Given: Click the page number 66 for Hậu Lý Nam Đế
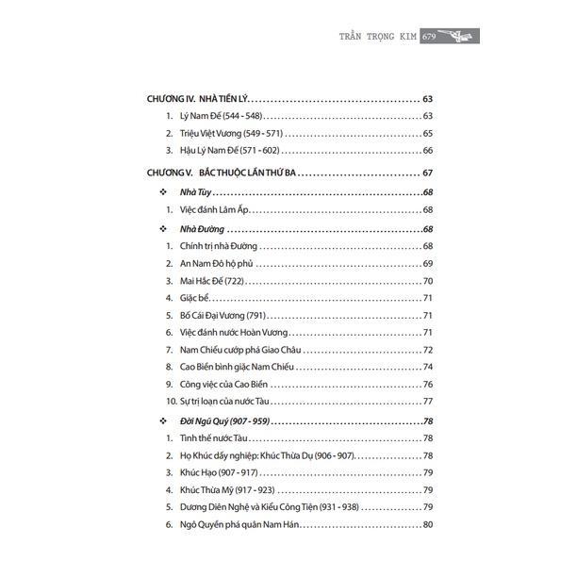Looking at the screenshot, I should pos(427,150).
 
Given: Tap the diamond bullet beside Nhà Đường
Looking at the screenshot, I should pos(164,228).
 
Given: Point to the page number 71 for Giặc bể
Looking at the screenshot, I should pos(427,297).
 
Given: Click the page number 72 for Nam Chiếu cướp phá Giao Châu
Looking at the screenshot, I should pos(427,350).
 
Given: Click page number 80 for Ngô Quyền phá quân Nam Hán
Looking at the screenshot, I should pos(427,524).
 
